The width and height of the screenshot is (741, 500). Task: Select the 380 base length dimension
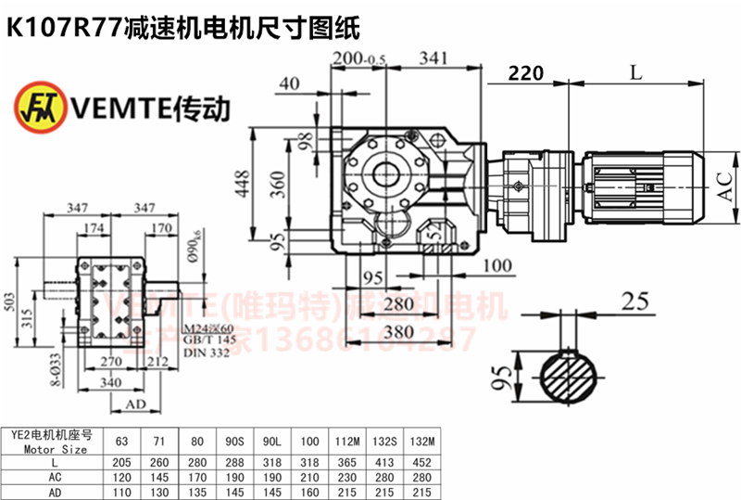(x=399, y=330)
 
